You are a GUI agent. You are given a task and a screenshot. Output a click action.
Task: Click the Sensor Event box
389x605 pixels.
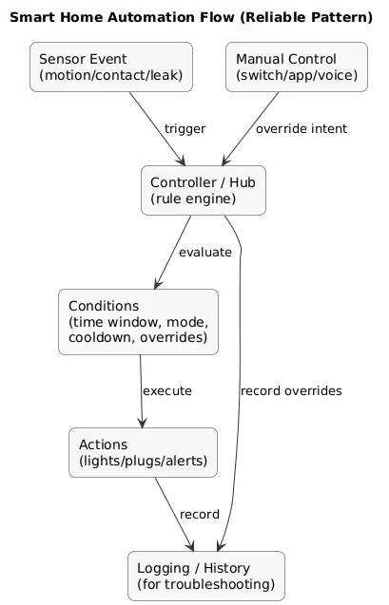click(x=111, y=66)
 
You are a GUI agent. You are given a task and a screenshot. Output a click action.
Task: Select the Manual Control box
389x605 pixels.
click(x=297, y=66)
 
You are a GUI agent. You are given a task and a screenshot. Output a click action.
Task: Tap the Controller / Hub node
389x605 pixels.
click(x=203, y=189)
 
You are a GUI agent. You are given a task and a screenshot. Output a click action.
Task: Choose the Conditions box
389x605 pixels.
click(x=139, y=322)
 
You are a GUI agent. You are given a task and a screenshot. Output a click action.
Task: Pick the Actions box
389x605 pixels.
click(x=144, y=450)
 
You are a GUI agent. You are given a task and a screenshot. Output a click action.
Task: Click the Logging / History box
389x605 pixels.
click(x=206, y=576)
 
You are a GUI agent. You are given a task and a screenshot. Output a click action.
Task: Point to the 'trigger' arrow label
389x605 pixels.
click(x=185, y=129)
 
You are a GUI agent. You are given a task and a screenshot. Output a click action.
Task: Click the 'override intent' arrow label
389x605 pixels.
click(x=301, y=129)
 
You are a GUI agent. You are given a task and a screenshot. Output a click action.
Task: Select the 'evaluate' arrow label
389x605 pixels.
click(x=205, y=253)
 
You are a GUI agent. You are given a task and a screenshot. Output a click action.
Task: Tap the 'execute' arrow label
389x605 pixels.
click(x=167, y=390)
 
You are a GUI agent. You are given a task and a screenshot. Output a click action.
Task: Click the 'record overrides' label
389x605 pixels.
click(x=291, y=390)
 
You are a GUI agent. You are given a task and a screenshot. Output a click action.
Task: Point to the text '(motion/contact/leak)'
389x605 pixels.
click(x=111, y=76)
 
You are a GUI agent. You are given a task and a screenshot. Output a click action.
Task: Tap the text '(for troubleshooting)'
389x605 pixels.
click(x=206, y=584)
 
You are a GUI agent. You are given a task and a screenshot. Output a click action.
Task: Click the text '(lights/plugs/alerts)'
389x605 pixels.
click(x=144, y=461)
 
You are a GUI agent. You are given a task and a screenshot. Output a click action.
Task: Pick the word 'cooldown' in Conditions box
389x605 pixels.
click(x=102, y=338)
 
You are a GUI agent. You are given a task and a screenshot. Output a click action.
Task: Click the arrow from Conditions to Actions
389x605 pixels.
click(x=141, y=390)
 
